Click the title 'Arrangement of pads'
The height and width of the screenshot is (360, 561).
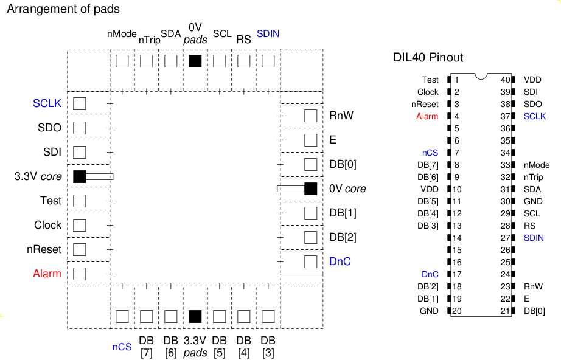tap(63, 9)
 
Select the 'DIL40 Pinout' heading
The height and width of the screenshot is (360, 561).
tap(428, 57)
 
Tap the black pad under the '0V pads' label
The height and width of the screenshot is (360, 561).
tap(195, 61)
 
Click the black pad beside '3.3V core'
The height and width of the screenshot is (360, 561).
tap(80, 176)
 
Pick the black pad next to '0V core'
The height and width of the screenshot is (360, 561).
tap(310, 189)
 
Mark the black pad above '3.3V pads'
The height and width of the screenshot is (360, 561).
tap(195, 316)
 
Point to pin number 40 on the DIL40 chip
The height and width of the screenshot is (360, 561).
tap(506, 80)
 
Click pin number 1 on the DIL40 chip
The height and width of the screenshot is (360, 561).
tap(456, 80)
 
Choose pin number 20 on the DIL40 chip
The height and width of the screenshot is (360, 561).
tap(456, 311)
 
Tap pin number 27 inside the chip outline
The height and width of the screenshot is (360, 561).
tap(506, 238)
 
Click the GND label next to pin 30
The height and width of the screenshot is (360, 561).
tap(533, 201)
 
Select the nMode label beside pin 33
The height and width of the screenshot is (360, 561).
tap(537, 165)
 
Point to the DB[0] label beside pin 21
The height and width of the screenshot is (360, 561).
tap(534, 311)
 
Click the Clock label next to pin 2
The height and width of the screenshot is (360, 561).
tap(428, 92)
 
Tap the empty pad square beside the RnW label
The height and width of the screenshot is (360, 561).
tap(310, 116)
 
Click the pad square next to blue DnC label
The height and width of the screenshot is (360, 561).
tap(310, 261)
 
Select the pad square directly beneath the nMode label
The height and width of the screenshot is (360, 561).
tap(122, 61)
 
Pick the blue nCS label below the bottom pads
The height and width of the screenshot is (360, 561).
tap(122, 347)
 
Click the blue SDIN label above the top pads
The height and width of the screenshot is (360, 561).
tap(268, 34)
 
